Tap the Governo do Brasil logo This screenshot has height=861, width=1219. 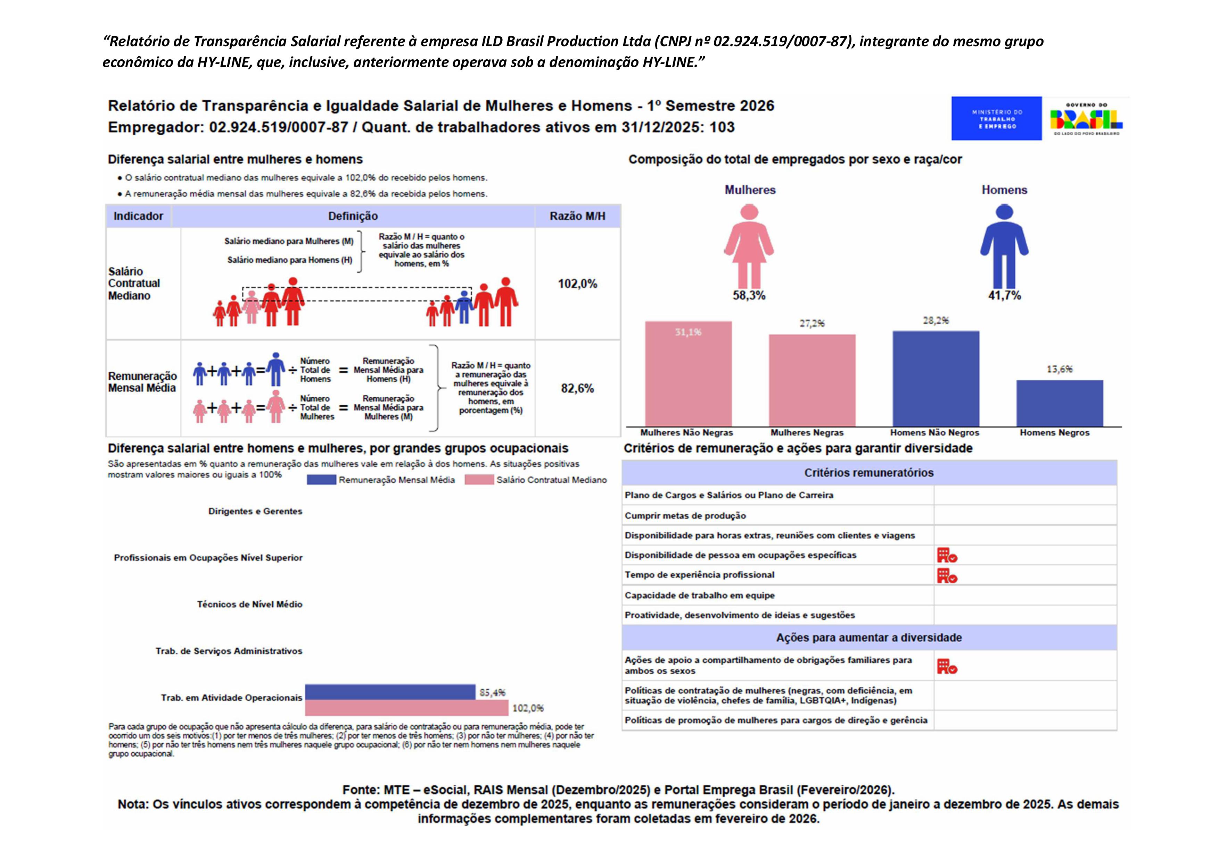point(1086,118)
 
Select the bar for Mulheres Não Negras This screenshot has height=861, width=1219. point(688,374)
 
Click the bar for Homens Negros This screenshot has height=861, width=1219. point(1059,403)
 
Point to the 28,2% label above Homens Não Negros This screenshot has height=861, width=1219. point(936,320)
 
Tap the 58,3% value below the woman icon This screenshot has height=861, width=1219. point(749,295)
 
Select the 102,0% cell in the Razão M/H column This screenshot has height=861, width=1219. point(577,284)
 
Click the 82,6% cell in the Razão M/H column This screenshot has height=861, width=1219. point(577,388)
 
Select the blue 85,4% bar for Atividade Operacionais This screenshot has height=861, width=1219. point(390,692)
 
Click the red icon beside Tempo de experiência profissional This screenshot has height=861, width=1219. point(947,576)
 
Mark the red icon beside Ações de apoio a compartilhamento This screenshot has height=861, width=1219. point(947,666)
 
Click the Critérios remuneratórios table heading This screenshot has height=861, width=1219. point(868,473)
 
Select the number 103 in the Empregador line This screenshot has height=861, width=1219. point(722,127)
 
